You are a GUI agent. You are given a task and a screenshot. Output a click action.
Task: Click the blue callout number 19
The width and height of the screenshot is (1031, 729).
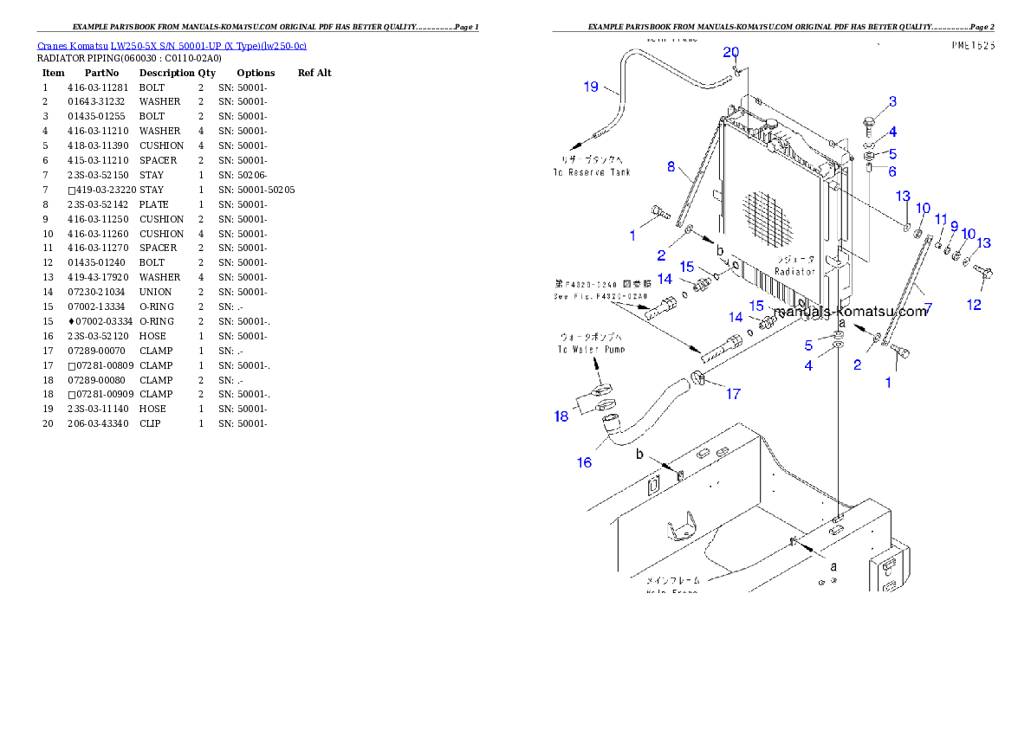click(x=590, y=87)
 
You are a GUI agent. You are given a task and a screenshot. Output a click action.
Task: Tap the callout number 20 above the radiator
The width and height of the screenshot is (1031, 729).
click(x=732, y=53)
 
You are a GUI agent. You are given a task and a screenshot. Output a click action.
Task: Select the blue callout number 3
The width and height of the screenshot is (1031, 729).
click(x=892, y=103)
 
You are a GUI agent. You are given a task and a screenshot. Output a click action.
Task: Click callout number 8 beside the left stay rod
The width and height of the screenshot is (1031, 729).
click(x=671, y=166)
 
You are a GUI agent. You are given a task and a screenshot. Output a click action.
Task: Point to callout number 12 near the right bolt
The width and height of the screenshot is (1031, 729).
click(x=974, y=305)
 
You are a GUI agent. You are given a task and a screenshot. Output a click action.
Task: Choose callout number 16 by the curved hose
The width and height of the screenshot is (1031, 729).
click(x=585, y=462)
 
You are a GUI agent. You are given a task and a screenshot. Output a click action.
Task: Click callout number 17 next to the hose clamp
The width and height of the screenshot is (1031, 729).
click(x=733, y=394)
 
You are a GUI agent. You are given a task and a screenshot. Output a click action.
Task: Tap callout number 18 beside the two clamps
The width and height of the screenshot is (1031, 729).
click(x=561, y=416)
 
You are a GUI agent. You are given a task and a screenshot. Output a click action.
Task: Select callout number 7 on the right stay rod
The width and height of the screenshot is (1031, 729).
click(x=927, y=308)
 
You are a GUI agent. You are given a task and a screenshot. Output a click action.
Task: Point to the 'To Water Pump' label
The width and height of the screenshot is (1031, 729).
click(x=592, y=349)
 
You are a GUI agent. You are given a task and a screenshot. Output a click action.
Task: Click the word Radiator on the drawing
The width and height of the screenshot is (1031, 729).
click(x=795, y=271)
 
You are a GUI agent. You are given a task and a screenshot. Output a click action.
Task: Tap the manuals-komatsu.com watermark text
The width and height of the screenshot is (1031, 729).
click(x=850, y=311)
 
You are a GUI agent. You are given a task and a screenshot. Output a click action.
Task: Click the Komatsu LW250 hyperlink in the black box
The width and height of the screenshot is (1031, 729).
click(x=172, y=46)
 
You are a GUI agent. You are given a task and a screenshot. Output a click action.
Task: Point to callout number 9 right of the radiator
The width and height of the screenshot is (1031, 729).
click(x=954, y=226)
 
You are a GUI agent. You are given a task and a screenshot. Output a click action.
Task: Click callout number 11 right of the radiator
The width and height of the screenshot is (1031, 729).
click(x=941, y=220)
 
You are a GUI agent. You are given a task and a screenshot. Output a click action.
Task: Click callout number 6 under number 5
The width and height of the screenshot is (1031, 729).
click(x=892, y=171)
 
